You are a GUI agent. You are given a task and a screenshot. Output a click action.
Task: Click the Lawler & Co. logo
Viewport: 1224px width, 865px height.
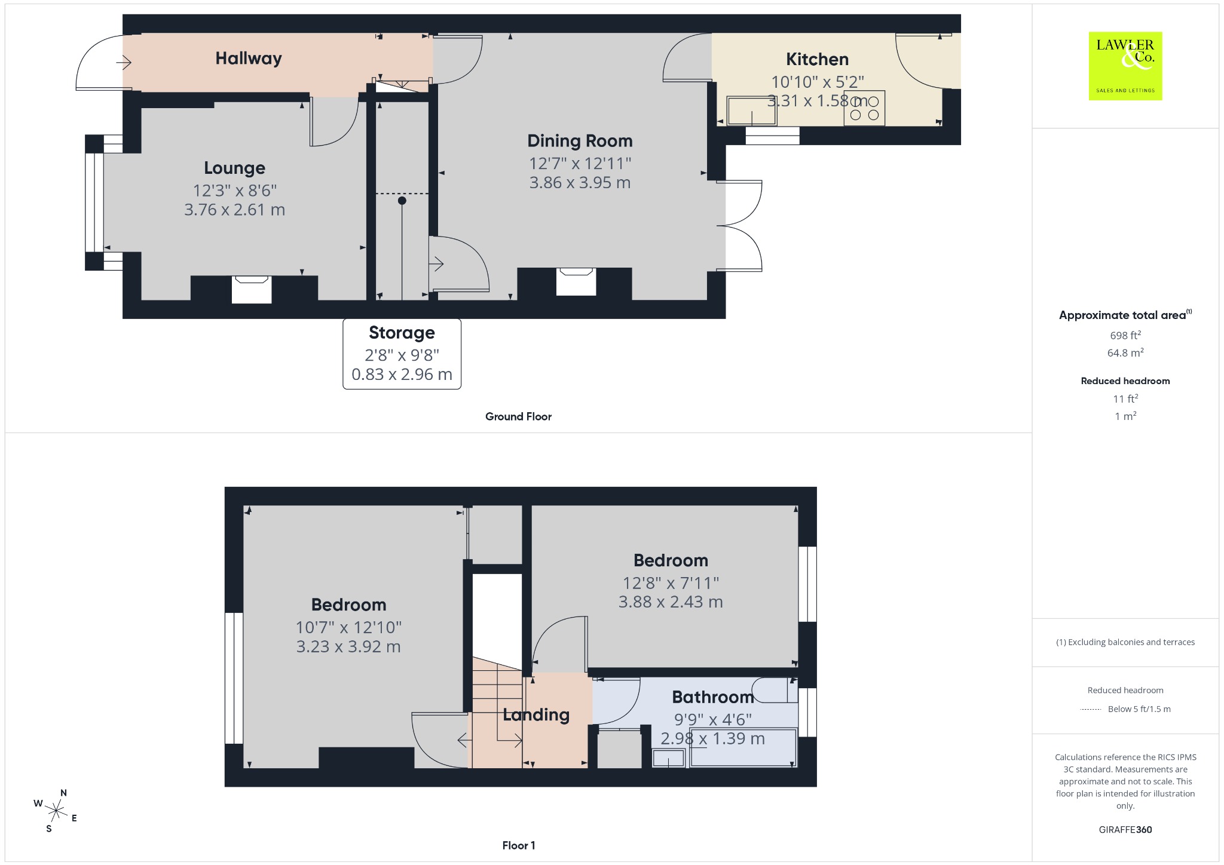pyautogui.click(x=1125, y=66)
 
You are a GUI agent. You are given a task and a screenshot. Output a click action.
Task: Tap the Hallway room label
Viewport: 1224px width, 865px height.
pyautogui.click(x=249, y=59)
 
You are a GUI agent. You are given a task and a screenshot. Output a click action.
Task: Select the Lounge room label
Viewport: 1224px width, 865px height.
pyautogui.click(x=234, y=168)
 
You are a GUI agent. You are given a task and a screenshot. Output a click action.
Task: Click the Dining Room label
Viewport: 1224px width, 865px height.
pyautogui.click(x=580, y=141)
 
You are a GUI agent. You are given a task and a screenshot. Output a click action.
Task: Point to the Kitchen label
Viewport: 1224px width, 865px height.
pyautogui.click(x=817, y=59)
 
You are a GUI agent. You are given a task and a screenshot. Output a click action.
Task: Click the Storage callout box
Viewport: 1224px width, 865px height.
pyautogui.click(x=402, y=354)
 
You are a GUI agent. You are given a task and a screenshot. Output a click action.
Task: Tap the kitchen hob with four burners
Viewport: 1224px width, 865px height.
pyautogui.click(x=864, y=108)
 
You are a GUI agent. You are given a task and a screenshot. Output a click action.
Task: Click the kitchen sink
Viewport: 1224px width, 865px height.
pyautogui.click(x=752, y=111)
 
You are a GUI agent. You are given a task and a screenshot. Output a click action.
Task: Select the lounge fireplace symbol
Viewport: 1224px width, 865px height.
pyautogui.click(x=252, y=289)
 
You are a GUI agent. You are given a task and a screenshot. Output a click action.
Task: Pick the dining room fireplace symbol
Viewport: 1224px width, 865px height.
pyautogui.click(x=576, y=281)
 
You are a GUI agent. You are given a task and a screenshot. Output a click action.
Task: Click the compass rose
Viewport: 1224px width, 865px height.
pyautogui.click(x=56, y=811)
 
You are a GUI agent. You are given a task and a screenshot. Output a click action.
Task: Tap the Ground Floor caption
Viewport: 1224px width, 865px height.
pyautogui.click(x=518, y=416)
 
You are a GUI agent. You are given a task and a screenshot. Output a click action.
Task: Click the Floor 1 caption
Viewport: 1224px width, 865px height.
pyautogui.click(x=519, y=845)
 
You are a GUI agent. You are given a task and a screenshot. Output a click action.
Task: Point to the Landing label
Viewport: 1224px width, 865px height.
pyautogui.click(x=536, y=715)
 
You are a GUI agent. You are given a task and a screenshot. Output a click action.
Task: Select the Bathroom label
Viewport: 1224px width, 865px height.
pyautogui.click(x=713, y=697)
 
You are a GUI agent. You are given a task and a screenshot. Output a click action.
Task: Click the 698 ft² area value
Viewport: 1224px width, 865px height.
pyautogui.click(x=1125, y=335)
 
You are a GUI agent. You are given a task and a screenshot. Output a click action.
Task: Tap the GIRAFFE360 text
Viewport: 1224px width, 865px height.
pyautogui.click(x=1125, y=829)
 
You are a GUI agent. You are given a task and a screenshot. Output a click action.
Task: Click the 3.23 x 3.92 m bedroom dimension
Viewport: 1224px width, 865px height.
pyautogui.click(x=348, y=646)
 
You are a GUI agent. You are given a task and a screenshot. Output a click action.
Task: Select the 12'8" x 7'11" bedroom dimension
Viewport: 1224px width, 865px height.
pyautogui.click(x=671, y=582)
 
